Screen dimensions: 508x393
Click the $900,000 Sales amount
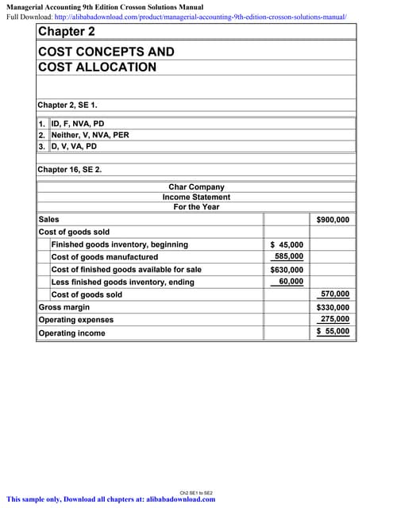333,219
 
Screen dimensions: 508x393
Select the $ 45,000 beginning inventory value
287,244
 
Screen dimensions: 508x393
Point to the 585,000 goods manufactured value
288,257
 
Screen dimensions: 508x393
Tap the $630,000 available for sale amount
287,270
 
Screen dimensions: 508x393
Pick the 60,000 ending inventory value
291,282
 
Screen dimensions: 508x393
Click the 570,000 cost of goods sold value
334,294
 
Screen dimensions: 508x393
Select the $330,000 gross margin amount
333,307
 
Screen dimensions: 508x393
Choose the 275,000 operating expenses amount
334,320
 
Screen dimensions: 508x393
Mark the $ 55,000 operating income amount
333,333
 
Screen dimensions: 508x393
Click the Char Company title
196,187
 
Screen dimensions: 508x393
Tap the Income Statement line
196,197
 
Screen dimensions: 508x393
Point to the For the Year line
196,207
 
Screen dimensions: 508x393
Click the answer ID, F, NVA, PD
78,124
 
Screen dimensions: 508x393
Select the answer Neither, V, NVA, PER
90,135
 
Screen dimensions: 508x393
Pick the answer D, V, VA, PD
74,146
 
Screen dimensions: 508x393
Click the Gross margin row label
64,307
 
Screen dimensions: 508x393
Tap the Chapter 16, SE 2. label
70,169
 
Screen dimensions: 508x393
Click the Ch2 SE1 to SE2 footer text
196,493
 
